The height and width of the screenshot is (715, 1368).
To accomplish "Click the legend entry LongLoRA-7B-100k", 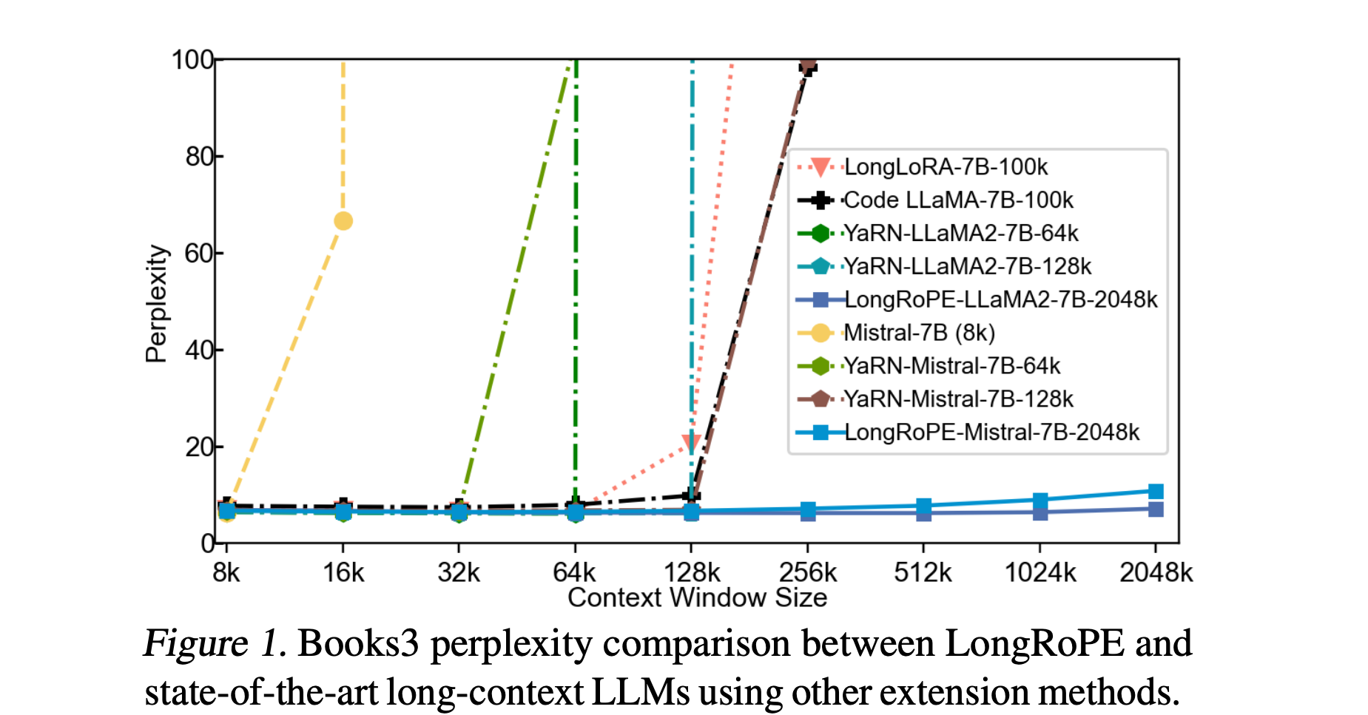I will [946, 167].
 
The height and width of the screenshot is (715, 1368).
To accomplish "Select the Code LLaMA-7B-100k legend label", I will [958, 200].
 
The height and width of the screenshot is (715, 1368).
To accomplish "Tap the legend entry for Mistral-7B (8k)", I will [919, 333].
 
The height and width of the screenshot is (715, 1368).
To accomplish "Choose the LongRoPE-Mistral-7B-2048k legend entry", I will [991, 433].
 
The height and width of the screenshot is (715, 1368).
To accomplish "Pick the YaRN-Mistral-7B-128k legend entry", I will [958, 399].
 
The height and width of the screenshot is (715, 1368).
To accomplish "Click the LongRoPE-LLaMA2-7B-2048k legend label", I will [1000, 299].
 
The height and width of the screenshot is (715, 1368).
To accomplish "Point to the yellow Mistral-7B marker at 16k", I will [343, 221].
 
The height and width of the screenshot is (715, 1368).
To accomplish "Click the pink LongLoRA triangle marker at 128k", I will [691, 443].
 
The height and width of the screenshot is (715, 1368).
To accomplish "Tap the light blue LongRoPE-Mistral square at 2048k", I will [1156, 492].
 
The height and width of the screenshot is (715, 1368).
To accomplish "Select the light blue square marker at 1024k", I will [1040, 501].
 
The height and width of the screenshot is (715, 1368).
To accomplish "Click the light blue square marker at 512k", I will [923, 506].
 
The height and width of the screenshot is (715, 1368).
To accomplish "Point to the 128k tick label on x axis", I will [692, 573].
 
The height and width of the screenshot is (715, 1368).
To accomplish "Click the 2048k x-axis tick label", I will [1156, 573].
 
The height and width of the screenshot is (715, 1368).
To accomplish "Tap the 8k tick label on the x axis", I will [226, 573].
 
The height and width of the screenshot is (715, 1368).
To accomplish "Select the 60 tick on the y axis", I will [199, 254].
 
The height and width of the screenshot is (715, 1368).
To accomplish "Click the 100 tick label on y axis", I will [192, 60].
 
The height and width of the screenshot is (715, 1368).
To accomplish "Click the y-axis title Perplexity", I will [156, 303].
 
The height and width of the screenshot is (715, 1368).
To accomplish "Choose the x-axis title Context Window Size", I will [697, 597].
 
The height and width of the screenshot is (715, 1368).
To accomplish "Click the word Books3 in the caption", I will [358, 644].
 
